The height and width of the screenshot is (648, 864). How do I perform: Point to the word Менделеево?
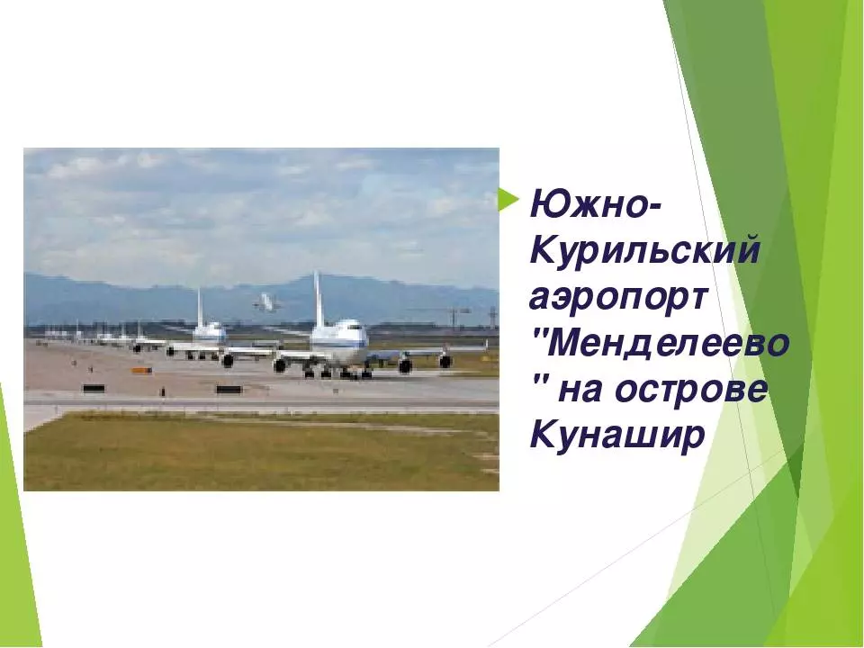[x=669, y=344]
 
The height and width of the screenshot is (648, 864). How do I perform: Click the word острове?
[x=691, y=391]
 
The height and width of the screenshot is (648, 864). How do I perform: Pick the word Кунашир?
[x=617, y=436]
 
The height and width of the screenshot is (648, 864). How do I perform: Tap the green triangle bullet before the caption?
[x=508, y=200]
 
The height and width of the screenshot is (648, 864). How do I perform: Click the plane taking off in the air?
[x=266, y=302]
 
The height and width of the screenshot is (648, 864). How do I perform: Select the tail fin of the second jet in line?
[x=200, y=308]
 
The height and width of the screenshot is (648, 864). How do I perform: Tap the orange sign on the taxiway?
[x=141, y=370]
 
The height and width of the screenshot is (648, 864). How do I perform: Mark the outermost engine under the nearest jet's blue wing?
[x=445, y=361]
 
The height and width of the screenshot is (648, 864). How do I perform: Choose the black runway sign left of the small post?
[x=94, y=389]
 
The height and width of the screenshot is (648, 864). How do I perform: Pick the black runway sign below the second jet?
[x=229, y=390]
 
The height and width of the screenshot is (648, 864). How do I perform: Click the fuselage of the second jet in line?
[x=210, y=334]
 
